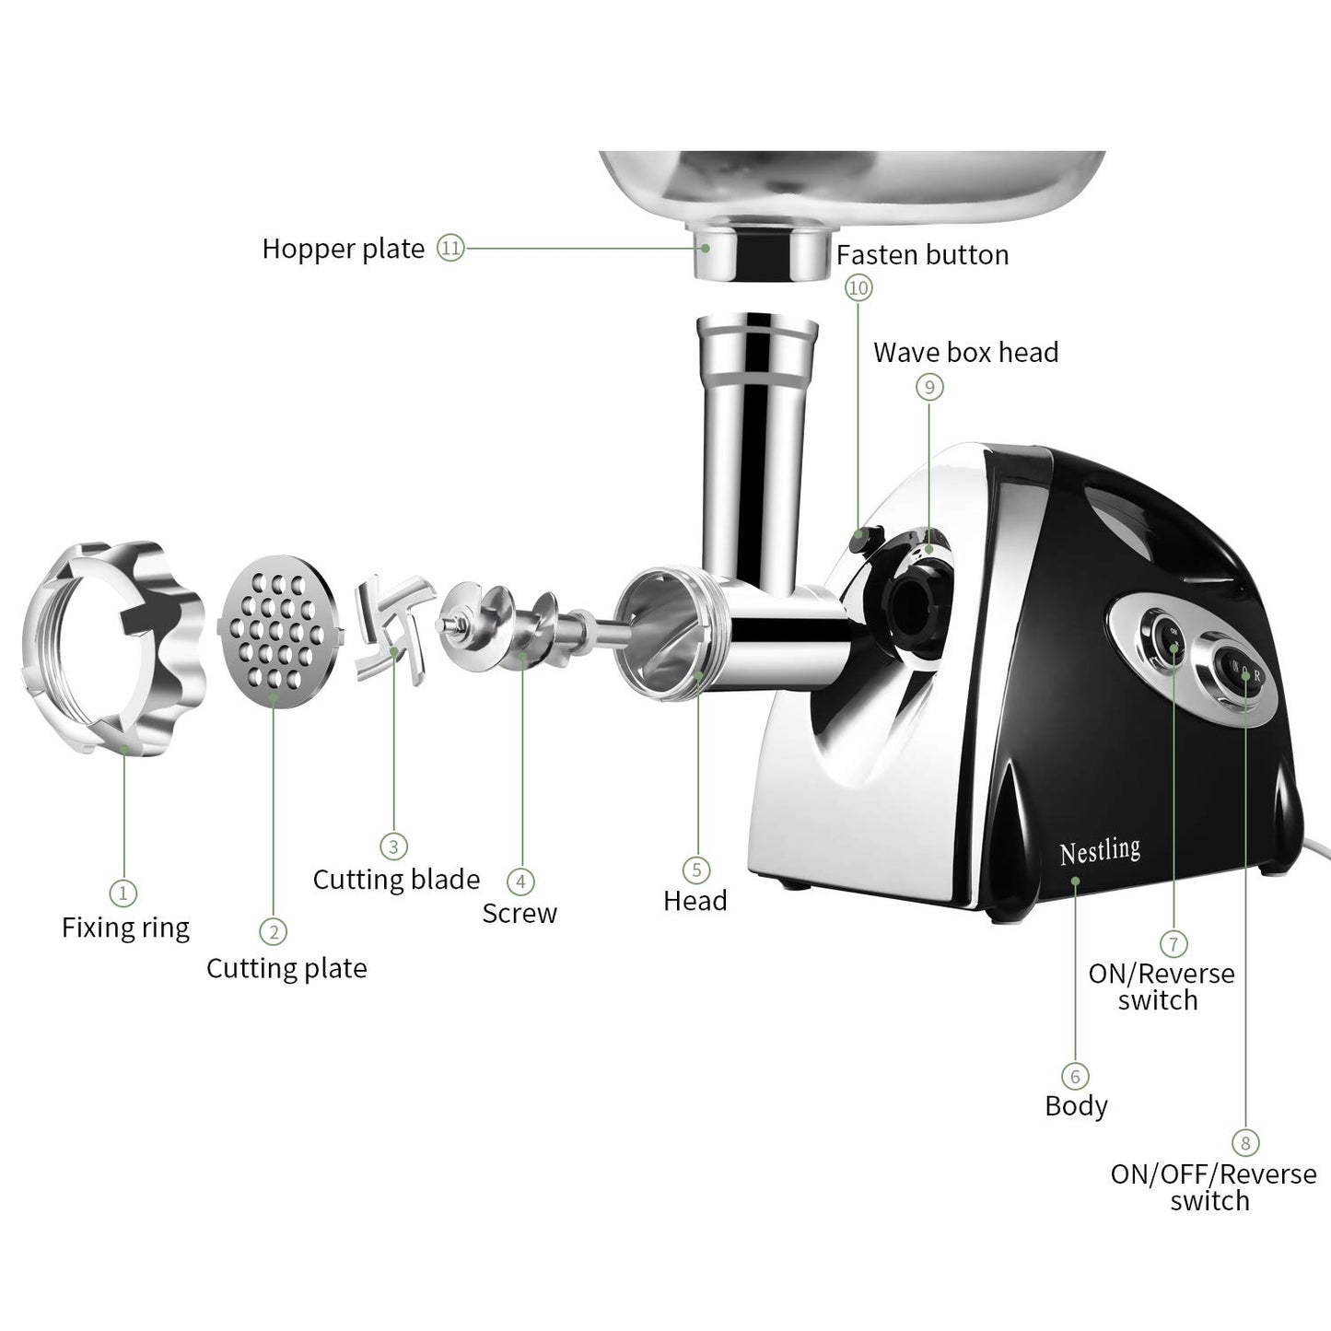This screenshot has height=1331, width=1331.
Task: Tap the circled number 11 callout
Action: tap(450, 248)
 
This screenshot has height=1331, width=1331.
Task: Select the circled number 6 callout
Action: tap(1074, 1076)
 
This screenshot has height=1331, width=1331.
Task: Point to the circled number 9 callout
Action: tap(928, 387)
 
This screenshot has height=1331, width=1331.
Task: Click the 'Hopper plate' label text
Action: tap(343, 249)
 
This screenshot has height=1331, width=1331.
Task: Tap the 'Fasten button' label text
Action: tap(922, 254)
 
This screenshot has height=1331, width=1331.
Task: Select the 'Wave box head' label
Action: tap(965, 352)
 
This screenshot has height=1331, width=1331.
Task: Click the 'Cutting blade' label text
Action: tap(396, 880)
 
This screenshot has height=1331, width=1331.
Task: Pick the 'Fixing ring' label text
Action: tap(125, 927)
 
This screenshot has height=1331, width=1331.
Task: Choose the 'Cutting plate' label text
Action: tap(286, 968)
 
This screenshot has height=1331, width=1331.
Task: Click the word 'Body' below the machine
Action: tap(1076, 1105)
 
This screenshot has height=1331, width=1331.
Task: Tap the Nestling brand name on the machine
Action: tap(1099, 850)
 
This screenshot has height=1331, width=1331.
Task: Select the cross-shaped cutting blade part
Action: tap(394, 628)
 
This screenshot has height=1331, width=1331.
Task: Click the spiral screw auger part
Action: tap(502, 626)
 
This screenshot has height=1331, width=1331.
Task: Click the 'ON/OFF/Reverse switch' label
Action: tap(1212, 1187)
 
